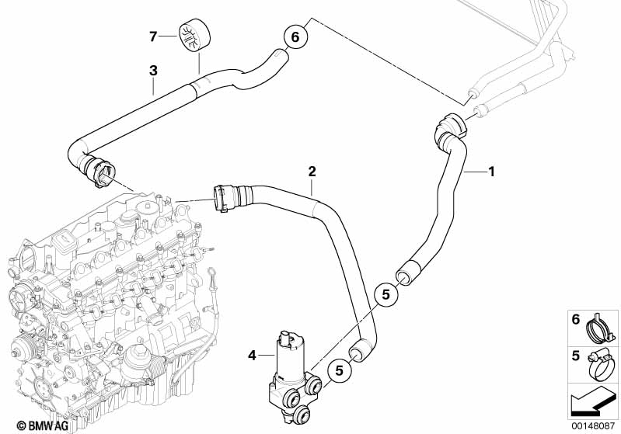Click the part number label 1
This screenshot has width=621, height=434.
(x=491, y=172)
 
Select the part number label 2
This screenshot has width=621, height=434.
(x=312, y=172)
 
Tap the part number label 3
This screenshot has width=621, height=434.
(x=153, y=71)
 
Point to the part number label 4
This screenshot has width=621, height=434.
(x=253, y=356)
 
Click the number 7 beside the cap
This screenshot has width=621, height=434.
(x=153, y=36)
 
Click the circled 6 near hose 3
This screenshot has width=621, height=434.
(x=295, y=36)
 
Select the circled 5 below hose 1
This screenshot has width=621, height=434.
(x=386, y=295)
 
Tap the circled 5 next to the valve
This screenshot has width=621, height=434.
(x=340, y=370)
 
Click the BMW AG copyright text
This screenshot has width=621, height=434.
(x=43, y=425)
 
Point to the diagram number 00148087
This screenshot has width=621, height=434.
(x=592, y=426)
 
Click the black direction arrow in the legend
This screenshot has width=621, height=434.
(x=591, y=401)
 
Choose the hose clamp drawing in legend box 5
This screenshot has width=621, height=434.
(x=602, y=365)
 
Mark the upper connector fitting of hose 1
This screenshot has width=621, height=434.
(x=451, y=129)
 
